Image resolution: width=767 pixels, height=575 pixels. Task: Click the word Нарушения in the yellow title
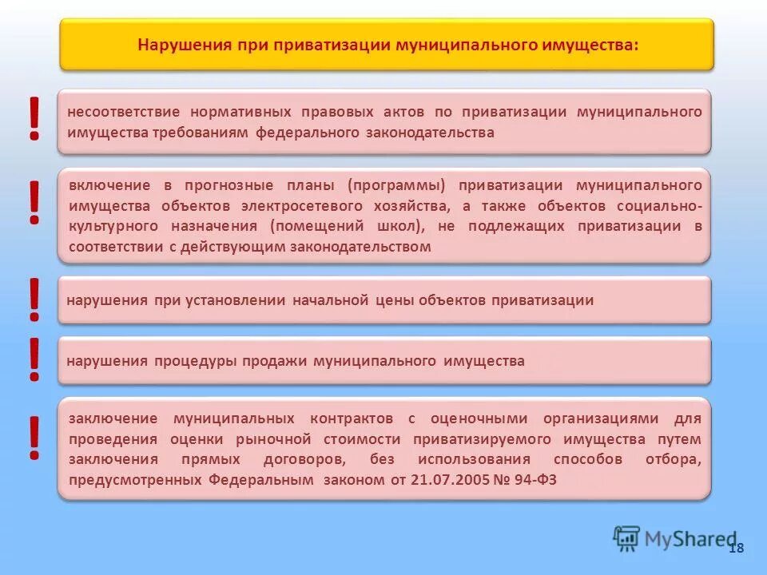click(183, 45)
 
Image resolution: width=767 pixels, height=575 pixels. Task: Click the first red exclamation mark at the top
click(34, 119)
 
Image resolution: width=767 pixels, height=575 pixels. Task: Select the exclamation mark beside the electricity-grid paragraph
click(34, 202)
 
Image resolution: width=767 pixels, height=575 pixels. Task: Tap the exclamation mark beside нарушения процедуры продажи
click(34, 359)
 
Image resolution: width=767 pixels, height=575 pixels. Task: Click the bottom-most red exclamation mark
click(34, 438)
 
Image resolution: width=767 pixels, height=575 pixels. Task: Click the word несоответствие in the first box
click(124, 112)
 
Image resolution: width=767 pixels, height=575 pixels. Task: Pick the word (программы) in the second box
click(395, 185)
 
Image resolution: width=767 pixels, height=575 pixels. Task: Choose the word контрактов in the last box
click(352, 418)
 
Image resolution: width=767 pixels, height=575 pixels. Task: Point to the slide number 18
click(736, 548)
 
